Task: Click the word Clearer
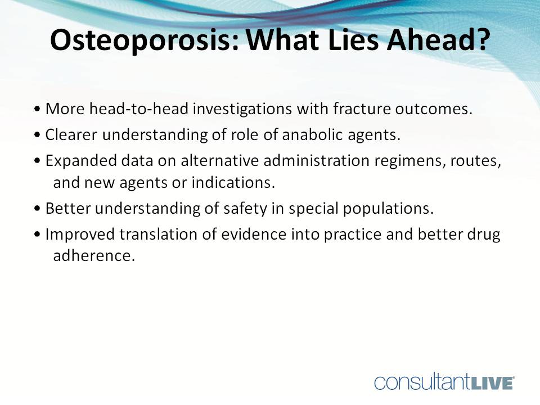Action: (x=69, y=135)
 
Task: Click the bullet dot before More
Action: (x=37, y=110)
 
